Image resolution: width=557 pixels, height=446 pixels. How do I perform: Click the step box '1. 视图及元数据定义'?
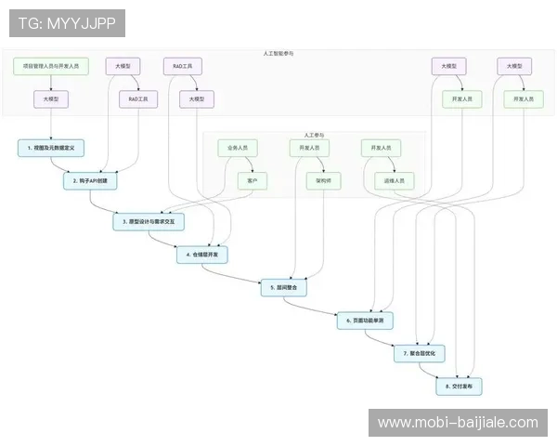pos(51,148)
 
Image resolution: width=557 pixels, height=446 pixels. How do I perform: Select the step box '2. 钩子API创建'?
pos(91,181)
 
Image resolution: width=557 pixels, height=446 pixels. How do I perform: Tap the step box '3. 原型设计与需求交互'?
pos(149,222)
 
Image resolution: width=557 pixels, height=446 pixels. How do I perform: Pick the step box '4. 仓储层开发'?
pos(202,254)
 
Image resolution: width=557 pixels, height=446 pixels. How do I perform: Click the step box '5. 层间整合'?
pos(283,288)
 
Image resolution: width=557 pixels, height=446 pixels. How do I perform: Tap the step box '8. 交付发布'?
pos(460,385)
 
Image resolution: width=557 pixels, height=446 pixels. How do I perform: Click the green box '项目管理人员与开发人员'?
pos(51,66)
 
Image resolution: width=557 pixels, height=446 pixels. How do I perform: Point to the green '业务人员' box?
pos(237,148)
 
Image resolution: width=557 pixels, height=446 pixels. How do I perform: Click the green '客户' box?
pos(253,181)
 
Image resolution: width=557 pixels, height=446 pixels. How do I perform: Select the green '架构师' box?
pos(324,181)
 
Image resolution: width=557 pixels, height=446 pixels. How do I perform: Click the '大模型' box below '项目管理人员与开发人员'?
pos(51,98)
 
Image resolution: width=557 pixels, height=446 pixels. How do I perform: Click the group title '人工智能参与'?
pos(278,53)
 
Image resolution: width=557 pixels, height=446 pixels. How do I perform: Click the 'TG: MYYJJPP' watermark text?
pos(67,23)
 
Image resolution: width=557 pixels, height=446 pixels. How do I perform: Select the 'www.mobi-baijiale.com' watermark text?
pos(458,423)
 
